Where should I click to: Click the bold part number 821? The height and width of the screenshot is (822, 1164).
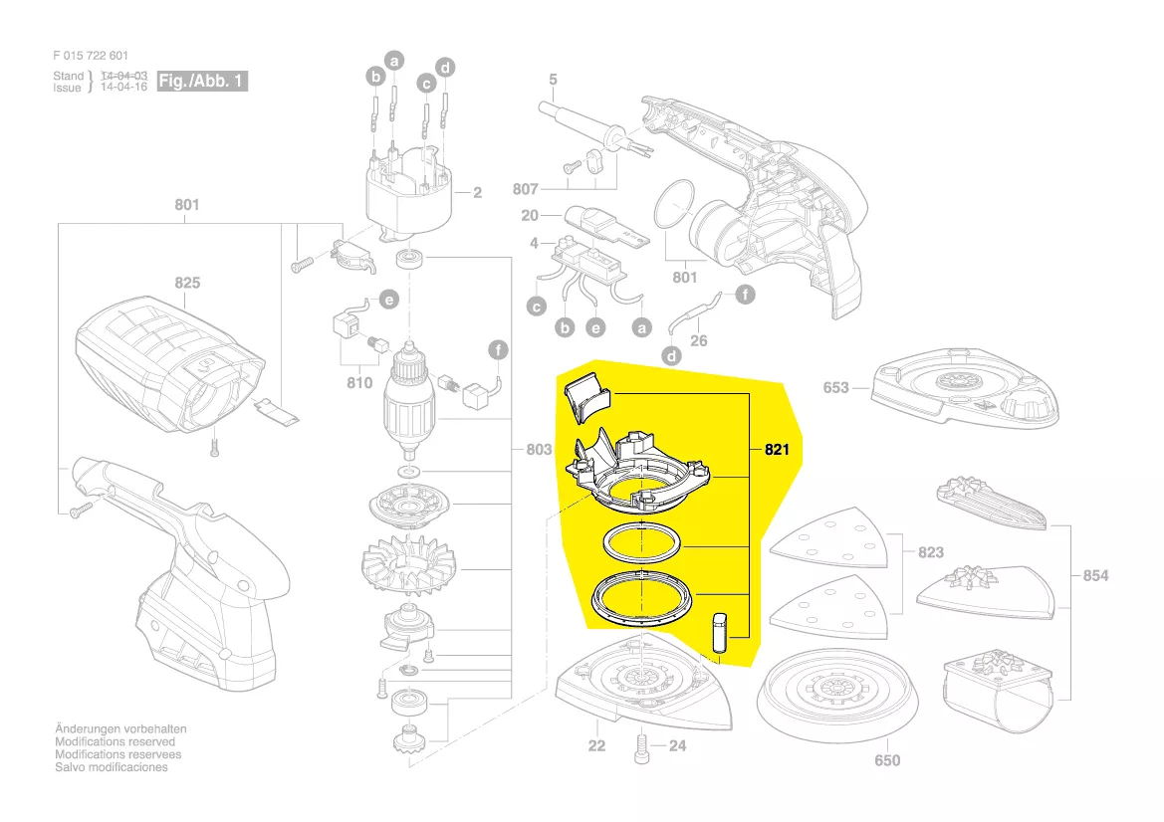(777, 449)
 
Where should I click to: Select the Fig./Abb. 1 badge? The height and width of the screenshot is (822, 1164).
(202, 81)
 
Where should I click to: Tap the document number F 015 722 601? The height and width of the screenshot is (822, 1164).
(91, 56)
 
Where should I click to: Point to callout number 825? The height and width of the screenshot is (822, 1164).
(187, 283)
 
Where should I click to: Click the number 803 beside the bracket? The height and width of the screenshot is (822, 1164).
(539, 449)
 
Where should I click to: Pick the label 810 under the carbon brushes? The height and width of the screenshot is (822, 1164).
(359, 383)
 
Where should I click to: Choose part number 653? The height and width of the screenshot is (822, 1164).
(835, 387)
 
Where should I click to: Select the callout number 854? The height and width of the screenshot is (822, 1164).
(1095, 575)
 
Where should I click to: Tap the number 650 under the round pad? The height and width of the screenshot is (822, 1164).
(887, 760)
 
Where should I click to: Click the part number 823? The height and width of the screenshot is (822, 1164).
(931, 552)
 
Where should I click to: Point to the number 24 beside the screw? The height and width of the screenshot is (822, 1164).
(678, 745)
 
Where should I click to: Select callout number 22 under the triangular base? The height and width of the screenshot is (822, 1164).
(596, 745)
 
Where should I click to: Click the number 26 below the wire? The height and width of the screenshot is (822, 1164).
(699, 340)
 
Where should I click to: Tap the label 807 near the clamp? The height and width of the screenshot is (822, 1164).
(526, 189)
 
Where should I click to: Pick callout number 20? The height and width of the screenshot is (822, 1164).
(530, 215)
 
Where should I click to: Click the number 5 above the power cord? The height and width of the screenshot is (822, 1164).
(553, 80)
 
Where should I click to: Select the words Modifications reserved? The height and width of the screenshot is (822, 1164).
(116, 741)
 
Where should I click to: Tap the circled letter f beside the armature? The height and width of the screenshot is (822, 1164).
(498, 349)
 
